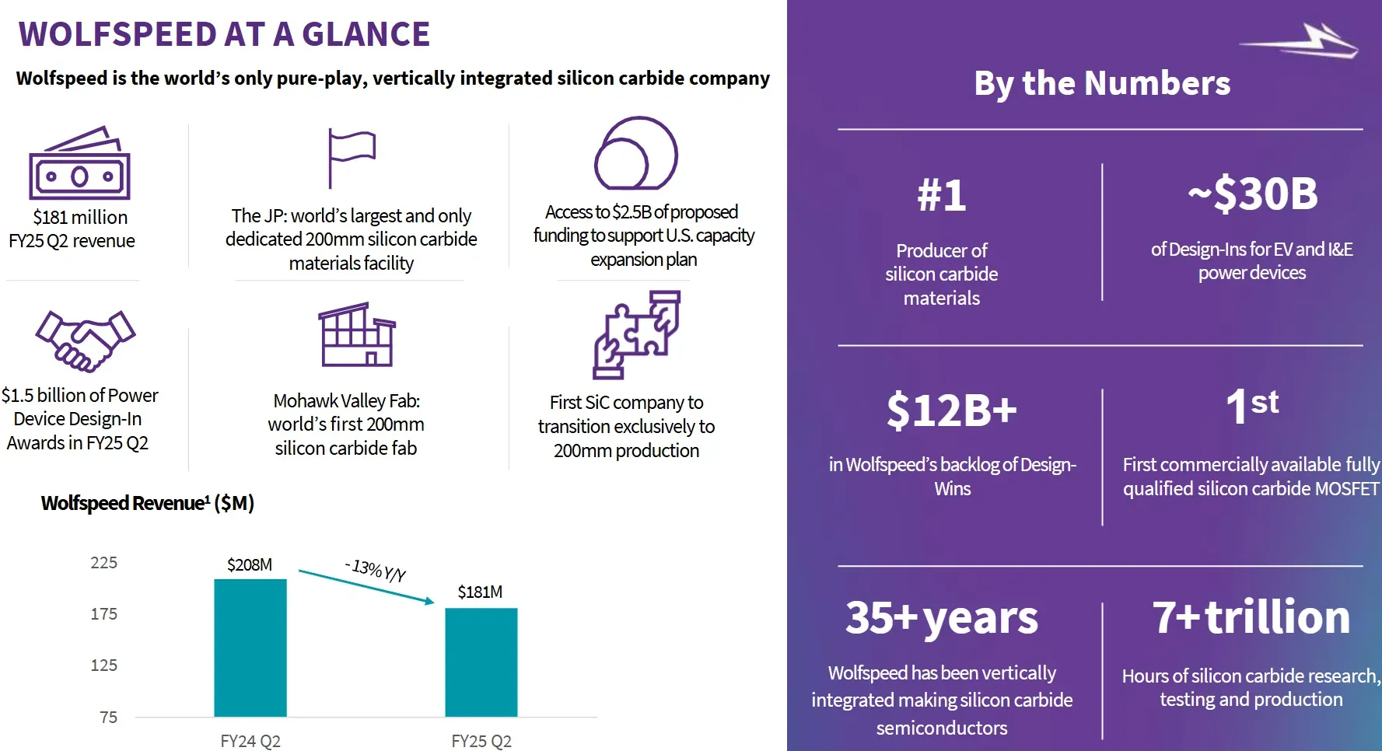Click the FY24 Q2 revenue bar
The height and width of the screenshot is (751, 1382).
[x=250, y=648]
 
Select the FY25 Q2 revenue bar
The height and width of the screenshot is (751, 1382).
[x=481, y=662]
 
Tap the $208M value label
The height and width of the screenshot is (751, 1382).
[x=250, y=564]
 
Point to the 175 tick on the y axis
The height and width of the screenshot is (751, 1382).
[x=104, y=614]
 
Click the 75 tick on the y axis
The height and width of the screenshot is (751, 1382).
[x=109, y=717]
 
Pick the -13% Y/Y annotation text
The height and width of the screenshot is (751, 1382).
[x=376, y=570]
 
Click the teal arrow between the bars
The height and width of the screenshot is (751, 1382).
[x=366, y=587]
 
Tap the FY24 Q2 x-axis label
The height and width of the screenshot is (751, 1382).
[x=250, y=741]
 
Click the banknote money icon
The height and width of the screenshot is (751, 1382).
[x=79, y=164]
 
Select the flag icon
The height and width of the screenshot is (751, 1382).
[x=350, y=157]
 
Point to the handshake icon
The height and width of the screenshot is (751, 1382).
[x=85, y=340]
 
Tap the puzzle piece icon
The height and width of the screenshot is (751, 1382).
[x=637, y=334]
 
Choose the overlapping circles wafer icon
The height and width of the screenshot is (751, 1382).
[x=635, y=153]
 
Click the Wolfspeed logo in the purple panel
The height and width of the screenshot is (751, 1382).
[x=1300, y=41]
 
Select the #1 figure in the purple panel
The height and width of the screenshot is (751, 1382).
[x=941, y=194]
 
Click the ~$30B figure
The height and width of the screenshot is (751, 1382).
[x=1252, y=194]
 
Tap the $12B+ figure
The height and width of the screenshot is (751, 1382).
[x=952, y=410]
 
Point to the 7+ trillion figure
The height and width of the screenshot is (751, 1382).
[x=1251, y=617]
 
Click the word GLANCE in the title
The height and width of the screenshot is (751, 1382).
[x=366, y=34]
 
